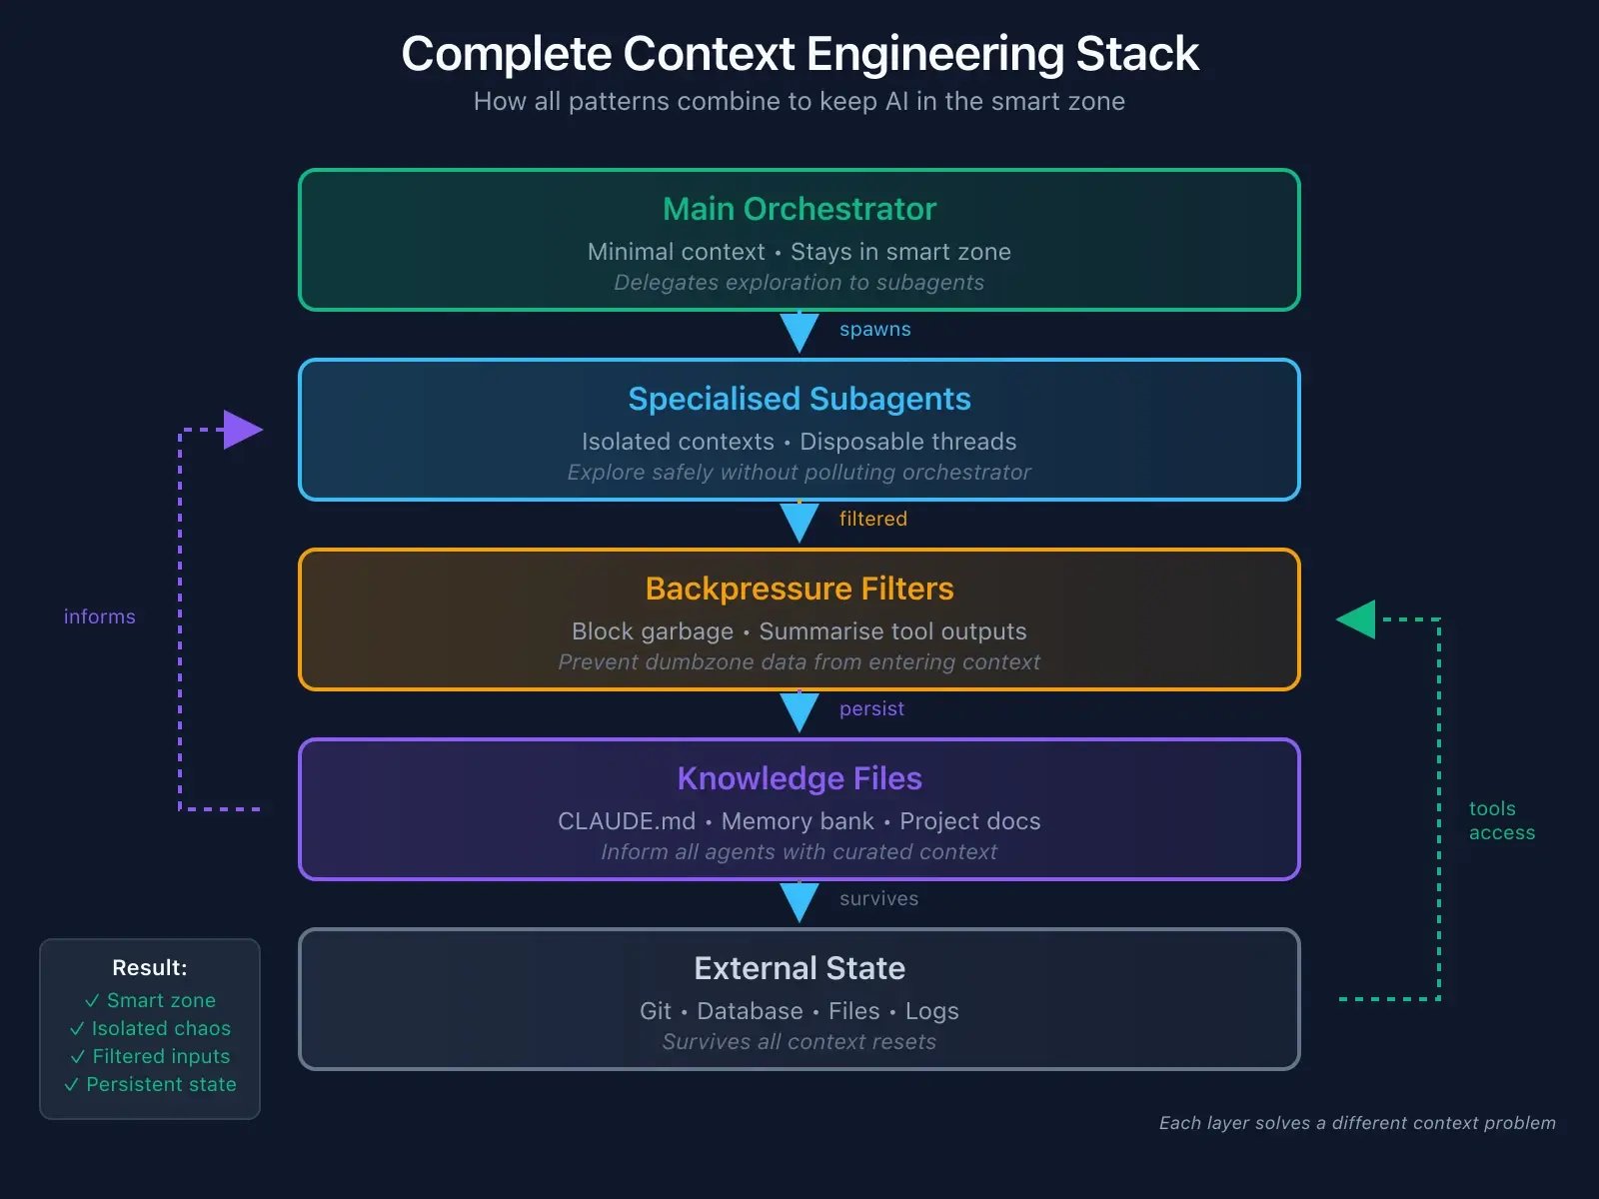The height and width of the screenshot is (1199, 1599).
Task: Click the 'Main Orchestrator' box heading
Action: coord(799,209)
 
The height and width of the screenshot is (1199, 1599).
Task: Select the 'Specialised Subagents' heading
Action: coord(799,399)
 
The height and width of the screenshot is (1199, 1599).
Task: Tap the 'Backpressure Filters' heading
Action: coord(799,589)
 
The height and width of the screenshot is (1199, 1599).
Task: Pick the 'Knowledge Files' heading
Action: coord(799,778)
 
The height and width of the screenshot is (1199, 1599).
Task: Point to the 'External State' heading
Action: coord(799,968)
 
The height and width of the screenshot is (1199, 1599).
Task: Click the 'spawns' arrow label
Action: coord(874,330)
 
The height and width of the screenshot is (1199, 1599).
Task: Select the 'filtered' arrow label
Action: coord(872,519)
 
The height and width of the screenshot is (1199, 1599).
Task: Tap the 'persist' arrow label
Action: coord(871,708)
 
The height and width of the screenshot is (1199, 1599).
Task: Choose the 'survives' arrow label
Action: coord(878,898)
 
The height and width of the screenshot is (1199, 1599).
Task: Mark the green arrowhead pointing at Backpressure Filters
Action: coord(1358,619)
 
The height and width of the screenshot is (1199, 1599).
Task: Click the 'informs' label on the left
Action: coord(99,616)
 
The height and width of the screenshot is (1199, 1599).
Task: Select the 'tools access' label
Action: coord(1501,820)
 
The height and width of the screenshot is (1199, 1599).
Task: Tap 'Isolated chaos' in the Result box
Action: coord(160,1028)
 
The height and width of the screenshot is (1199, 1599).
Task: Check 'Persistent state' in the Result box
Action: coord(160,1084)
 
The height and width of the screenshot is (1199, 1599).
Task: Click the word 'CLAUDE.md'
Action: coord(626,821)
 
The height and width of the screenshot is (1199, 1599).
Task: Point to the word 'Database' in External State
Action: coord(750,1011)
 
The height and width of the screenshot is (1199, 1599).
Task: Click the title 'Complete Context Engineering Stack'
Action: coord(799,54)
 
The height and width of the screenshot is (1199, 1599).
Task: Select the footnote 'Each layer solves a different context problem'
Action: coord(1357,1123)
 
